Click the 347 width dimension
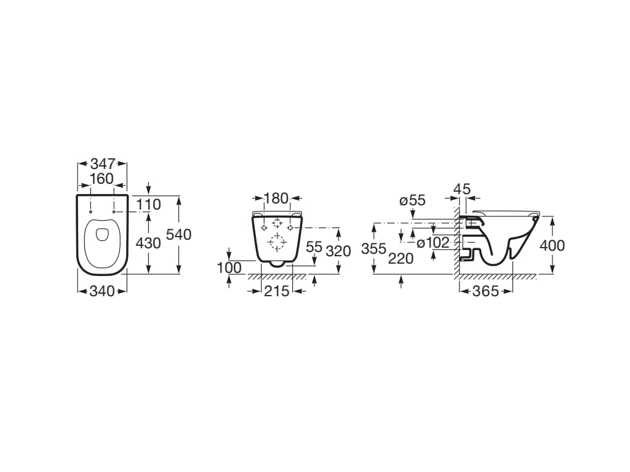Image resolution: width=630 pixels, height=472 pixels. tap(102, 164)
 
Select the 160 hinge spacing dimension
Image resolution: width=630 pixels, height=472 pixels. tap(102, 178)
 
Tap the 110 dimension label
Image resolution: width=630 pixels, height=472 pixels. tap(148, 204)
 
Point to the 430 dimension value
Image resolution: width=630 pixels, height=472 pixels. tap(148, 243)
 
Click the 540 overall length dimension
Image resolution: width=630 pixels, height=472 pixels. tap(179, 234)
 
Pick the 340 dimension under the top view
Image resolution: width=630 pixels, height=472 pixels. tap(102, 291)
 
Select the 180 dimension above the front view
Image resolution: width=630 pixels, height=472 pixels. tap(276, 199)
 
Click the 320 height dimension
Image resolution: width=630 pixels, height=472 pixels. tap(338, 251)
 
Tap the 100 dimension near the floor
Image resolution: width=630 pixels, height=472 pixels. tap(229, 269)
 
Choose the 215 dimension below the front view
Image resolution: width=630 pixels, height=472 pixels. tap(276, 291)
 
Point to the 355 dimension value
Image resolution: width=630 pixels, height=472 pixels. tap(374, 249)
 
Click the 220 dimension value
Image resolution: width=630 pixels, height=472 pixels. tap(401, 259)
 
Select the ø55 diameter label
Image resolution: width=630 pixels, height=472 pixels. tap(412, 200)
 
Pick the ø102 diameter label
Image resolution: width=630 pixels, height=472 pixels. tap(433, 243)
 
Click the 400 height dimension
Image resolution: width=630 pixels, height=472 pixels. tap(552, 245)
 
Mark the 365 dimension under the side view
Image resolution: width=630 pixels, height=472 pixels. tap(486, 291)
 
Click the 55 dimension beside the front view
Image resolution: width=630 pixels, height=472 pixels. tap(314, 247)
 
